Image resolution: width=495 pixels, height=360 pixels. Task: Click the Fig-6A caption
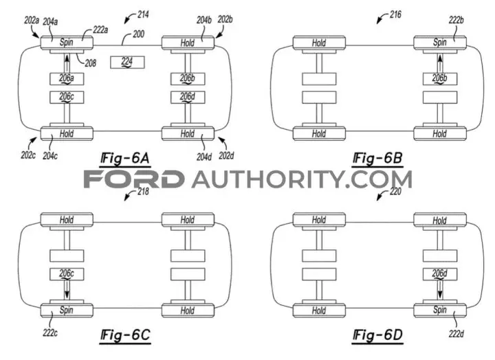[x=125, y=159]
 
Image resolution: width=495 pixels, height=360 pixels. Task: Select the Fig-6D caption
[x=377, y=335]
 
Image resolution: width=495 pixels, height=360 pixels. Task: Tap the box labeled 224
[x=127, y=62]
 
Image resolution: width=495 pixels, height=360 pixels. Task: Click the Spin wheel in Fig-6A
[x=67, y=43]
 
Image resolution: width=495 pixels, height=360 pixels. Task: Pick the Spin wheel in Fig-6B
[x=440, y=43]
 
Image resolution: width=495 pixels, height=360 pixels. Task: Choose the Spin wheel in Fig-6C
[x=67, y=310]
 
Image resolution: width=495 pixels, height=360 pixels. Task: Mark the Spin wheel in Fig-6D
[x=440, y=310]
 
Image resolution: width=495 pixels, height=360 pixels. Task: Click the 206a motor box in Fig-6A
[x=67, y=79]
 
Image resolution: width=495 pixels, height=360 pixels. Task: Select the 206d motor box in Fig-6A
[x=188, y=97]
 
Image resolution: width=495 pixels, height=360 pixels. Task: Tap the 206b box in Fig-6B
[x=440, y=79]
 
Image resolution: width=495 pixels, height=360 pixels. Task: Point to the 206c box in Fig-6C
[x=67, y=274]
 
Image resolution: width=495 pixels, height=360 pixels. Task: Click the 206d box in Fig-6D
[x=440, y=274]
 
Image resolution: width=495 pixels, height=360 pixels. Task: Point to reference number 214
[x=143, y=14]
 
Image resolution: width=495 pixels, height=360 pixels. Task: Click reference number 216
[x=395, y=14]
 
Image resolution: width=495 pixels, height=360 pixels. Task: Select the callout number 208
[x=90, y=63]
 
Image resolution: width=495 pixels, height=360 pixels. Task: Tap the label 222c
[x=50, y=333]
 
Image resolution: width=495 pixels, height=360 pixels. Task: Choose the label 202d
[x=226, y=155]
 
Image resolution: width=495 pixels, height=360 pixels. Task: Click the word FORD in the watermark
[x=134, y=179]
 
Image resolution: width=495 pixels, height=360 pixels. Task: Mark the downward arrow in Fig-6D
[x=440, y=290]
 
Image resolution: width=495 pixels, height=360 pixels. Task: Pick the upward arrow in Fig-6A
[x=67, y=63]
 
